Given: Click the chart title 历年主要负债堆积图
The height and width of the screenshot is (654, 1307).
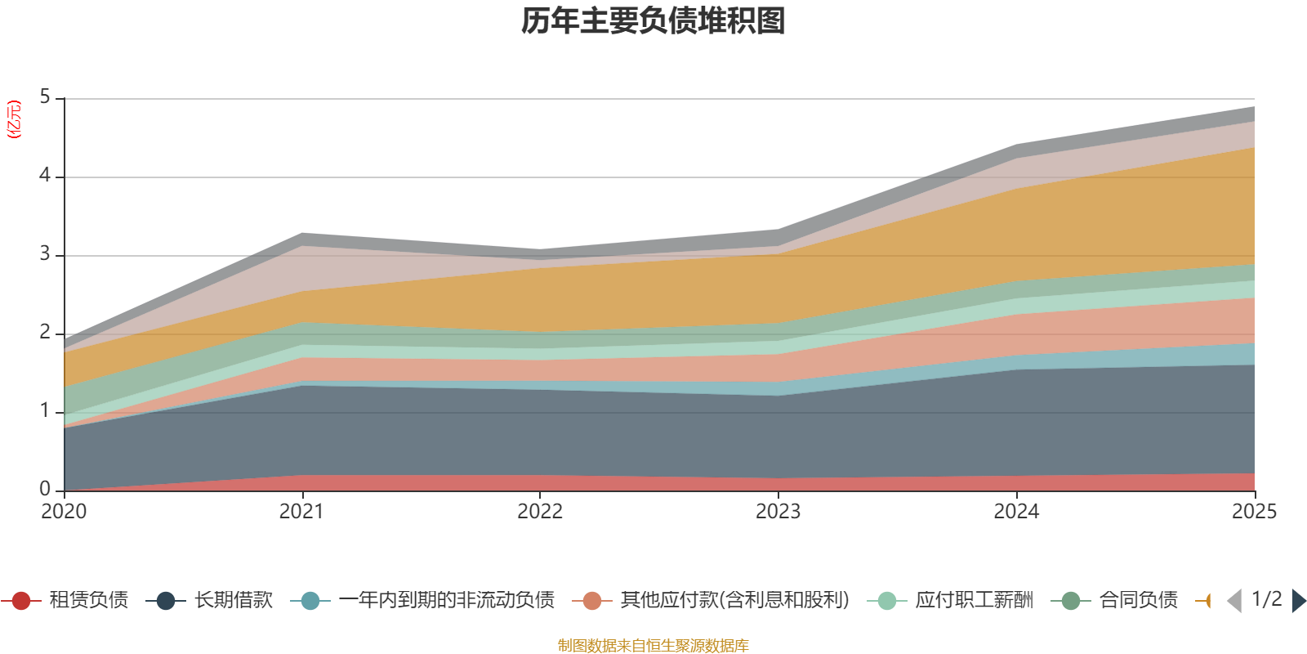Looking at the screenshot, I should pos(653,21).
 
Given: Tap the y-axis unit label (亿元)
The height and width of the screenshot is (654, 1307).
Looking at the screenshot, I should pos(14,120).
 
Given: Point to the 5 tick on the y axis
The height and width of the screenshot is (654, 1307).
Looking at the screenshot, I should pos(45,97).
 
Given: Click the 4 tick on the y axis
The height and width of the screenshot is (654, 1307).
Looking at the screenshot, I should pos(45,176).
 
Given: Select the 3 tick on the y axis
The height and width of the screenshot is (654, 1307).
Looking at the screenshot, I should pos(45,254).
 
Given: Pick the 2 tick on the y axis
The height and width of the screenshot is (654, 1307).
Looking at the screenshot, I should pos(45,333).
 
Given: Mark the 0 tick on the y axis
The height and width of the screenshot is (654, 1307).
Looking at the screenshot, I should pos(45,489).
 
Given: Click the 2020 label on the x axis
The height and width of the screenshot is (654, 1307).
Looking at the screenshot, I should pos(64,512).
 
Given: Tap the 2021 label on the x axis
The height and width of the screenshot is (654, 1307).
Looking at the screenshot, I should pos(301,512).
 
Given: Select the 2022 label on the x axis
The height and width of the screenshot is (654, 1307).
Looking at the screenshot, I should pos(540,512).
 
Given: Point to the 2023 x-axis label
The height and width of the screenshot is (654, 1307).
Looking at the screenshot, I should pos(778,512).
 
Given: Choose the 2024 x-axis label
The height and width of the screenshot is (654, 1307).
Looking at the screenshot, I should pos(1016,512).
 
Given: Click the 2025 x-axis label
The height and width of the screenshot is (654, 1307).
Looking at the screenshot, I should pos(1253,512).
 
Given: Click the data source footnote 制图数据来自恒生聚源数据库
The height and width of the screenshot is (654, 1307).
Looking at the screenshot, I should pos(653,646).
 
